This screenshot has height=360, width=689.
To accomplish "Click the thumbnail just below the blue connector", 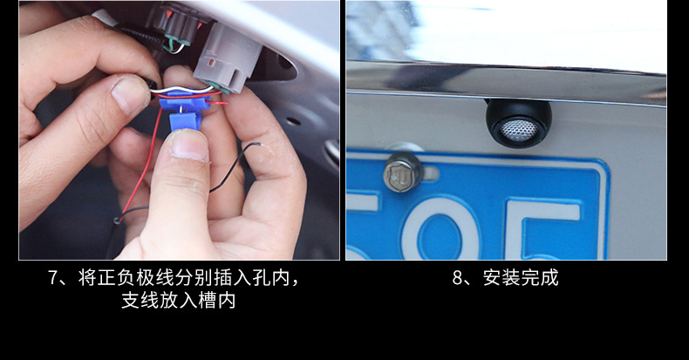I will coord(191,145).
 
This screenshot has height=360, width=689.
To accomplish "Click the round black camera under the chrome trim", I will coord(518,122).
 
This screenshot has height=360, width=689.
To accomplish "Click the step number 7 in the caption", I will coord(54,279).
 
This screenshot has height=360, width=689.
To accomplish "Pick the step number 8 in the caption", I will coord(457,279).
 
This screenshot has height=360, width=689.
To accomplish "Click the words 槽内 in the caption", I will coord(224,302).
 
